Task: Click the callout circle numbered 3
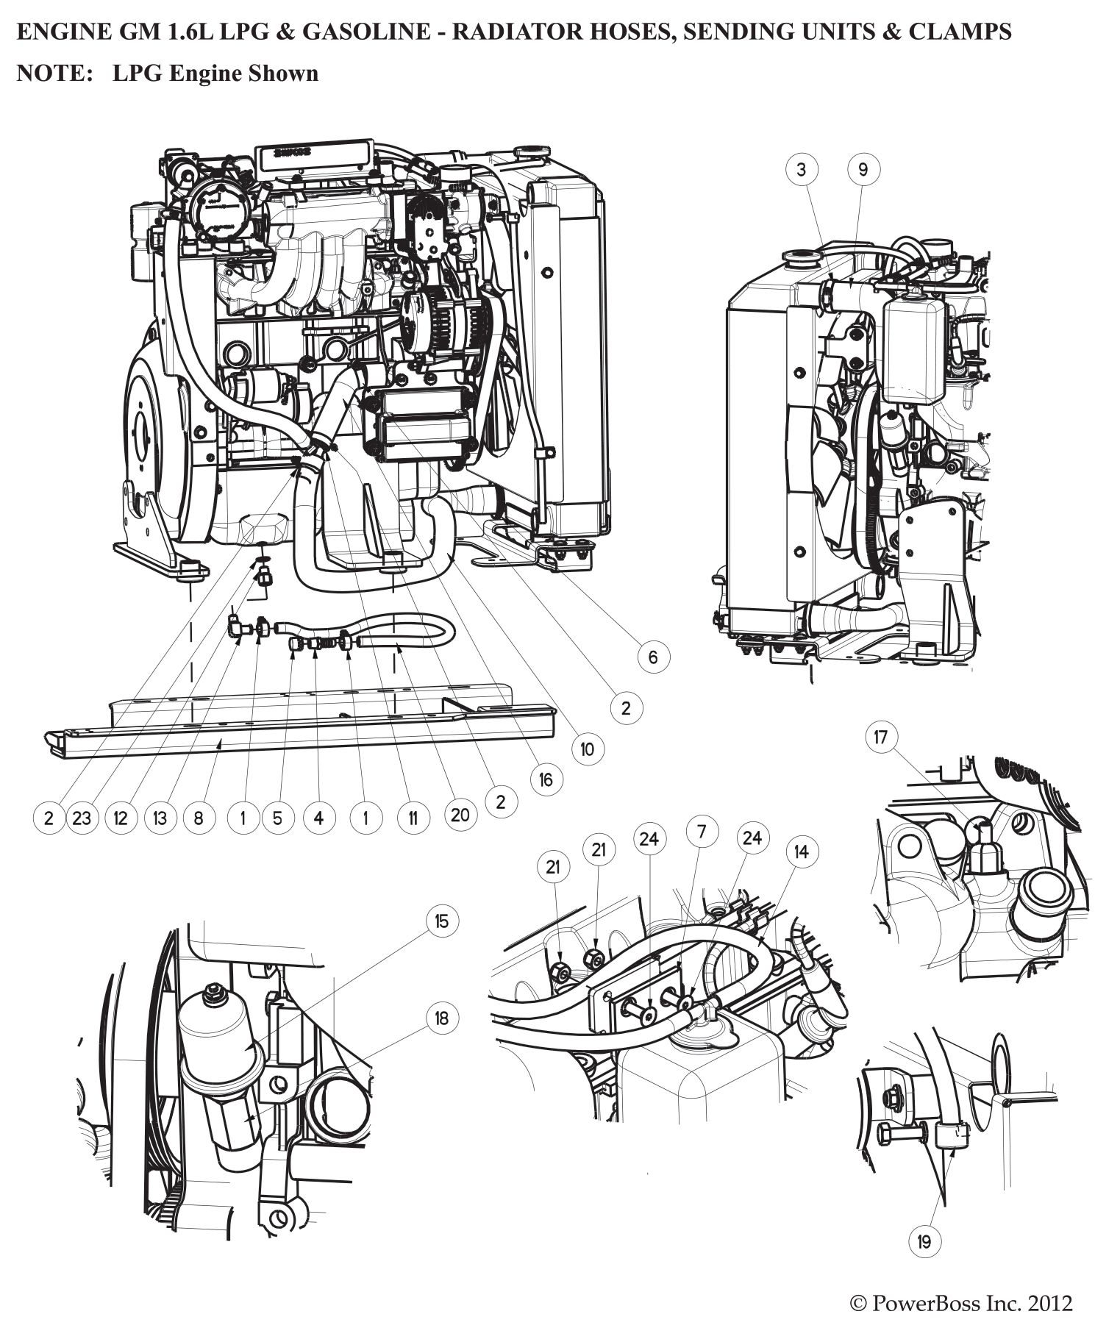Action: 801,170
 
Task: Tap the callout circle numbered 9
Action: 863,170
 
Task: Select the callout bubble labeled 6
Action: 653,657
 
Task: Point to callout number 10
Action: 587,749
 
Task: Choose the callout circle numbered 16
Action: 546,779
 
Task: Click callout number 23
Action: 82,818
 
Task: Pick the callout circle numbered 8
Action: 199,818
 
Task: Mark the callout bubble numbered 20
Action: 460,815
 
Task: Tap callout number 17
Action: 881,737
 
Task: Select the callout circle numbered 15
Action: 441,921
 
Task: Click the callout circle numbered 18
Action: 441,1018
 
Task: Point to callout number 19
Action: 924,1242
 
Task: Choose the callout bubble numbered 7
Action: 702,832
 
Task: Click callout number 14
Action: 801,852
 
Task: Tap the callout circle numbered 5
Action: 277,818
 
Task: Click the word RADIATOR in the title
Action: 503,32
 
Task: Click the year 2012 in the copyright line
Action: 1050,1304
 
